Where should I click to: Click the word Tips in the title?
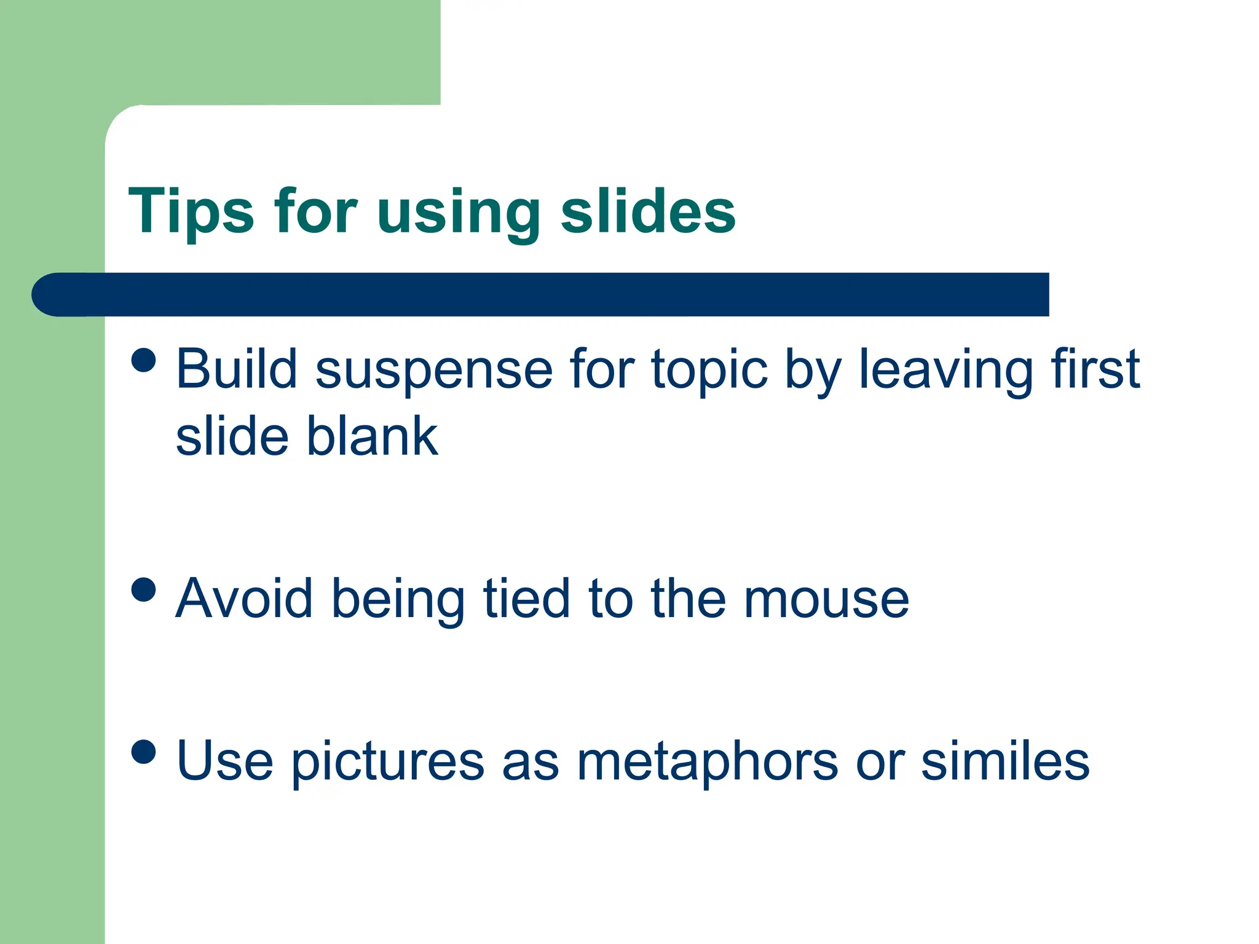pos(191,212)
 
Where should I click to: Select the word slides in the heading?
pos(648,212)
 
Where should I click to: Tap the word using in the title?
pos(459,215)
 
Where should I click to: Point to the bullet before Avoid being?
pos(144,589)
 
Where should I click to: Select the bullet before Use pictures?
pos(144,751)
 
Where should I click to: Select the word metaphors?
pos(707,763)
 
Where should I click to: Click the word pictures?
pos(387,763)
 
